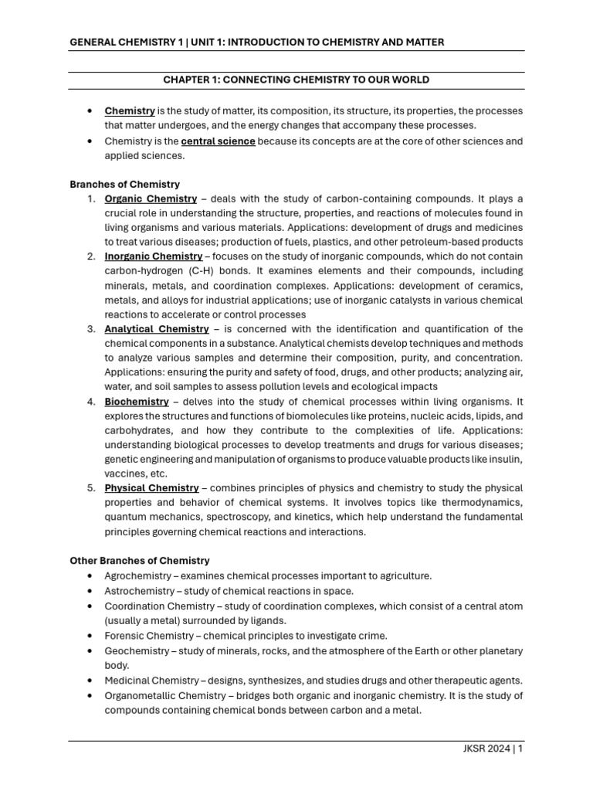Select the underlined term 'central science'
tap(218, 141)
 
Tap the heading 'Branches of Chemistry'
tap(124, 185)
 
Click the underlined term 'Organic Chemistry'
tap(151, 199)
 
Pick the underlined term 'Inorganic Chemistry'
tap(154, 256)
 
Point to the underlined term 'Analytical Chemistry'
tap(157, 329)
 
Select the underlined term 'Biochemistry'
tap(137, 402)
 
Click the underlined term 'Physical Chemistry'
tap(152, 488)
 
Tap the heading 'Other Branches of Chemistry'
tap(139, 561)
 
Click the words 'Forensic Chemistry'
tap(150, 636)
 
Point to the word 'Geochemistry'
tap(136, 650)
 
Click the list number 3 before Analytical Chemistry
tap(91, 329)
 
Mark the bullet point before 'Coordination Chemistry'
tap(91, 606)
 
